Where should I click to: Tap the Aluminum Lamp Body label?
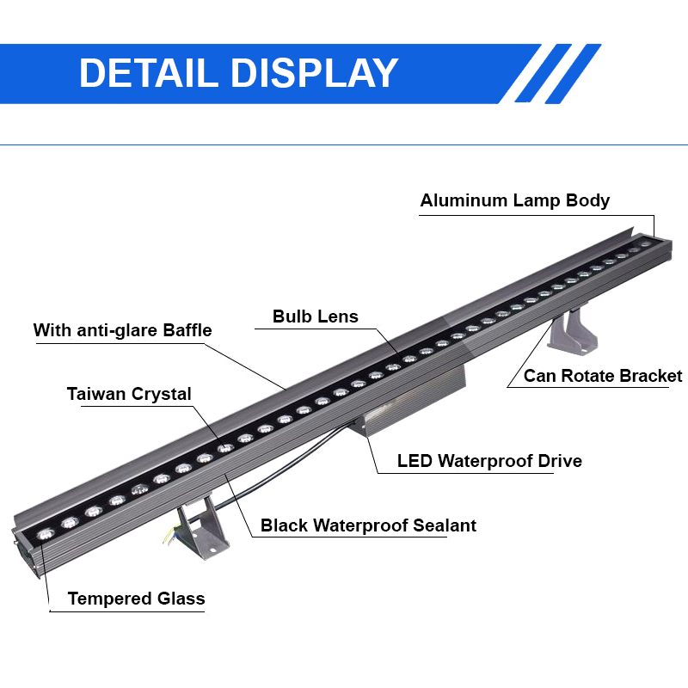click(x=514, y=200)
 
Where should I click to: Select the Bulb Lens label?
click(x=316, y=316)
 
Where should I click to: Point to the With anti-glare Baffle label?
click(x=122, y=330)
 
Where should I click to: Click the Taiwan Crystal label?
click(x=129, y=394)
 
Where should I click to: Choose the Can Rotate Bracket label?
click(x=603, y=376)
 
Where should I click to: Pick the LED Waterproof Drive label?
click(x=489, y=461)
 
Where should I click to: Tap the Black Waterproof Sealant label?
click(x=368, y=525)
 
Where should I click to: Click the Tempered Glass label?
click(x=136, y=599)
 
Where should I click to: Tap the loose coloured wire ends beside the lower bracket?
click(x=167, y=538)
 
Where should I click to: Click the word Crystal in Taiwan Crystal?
click(x=161, y=394)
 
